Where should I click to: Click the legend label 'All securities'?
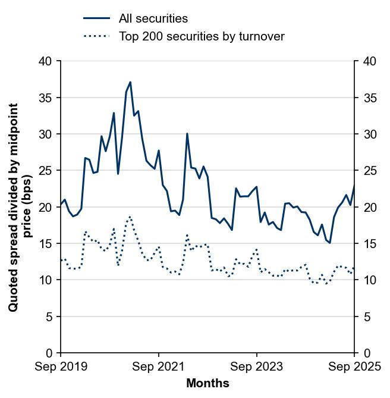153,18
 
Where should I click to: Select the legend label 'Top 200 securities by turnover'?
202,36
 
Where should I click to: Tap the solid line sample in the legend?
96,18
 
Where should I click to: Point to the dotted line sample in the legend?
96,36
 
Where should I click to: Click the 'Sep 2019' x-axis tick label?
61,367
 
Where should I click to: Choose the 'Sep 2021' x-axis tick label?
159,367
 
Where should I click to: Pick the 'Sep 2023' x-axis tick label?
257,367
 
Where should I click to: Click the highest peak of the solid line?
130,82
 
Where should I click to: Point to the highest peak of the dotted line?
130,217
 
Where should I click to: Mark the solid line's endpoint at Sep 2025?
354,185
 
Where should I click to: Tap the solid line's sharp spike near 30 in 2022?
187,134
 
